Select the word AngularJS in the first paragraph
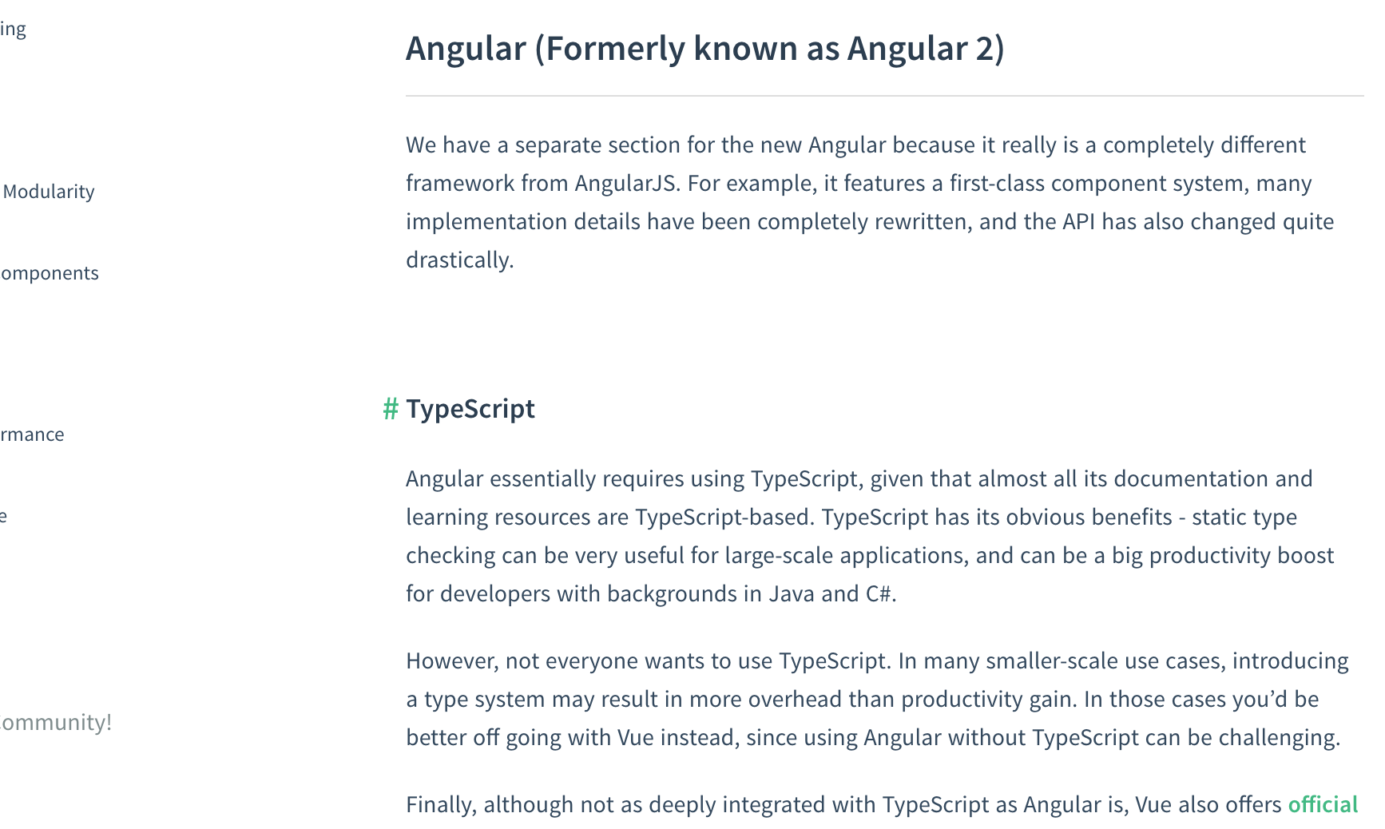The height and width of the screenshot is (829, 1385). (x=627, y=184)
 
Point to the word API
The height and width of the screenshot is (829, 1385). (x=1078, y=221)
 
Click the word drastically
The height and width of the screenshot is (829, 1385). (x=459, y=260)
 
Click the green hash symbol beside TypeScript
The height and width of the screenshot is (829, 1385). (x=391, y=409)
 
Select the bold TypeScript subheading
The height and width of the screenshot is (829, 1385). (x=470, y=410)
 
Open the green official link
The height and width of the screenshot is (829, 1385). (x=1323, y=804)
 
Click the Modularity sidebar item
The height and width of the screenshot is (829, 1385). (x=49, y=192)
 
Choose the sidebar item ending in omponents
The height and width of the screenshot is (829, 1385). (x=50, y=274)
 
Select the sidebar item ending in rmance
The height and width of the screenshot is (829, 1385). (x=32, y=434)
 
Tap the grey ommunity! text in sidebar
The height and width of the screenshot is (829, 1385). (x=56, y=722)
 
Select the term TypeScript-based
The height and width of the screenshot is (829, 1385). (x=724, y=518)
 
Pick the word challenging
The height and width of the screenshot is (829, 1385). (x=1279, y=738)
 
